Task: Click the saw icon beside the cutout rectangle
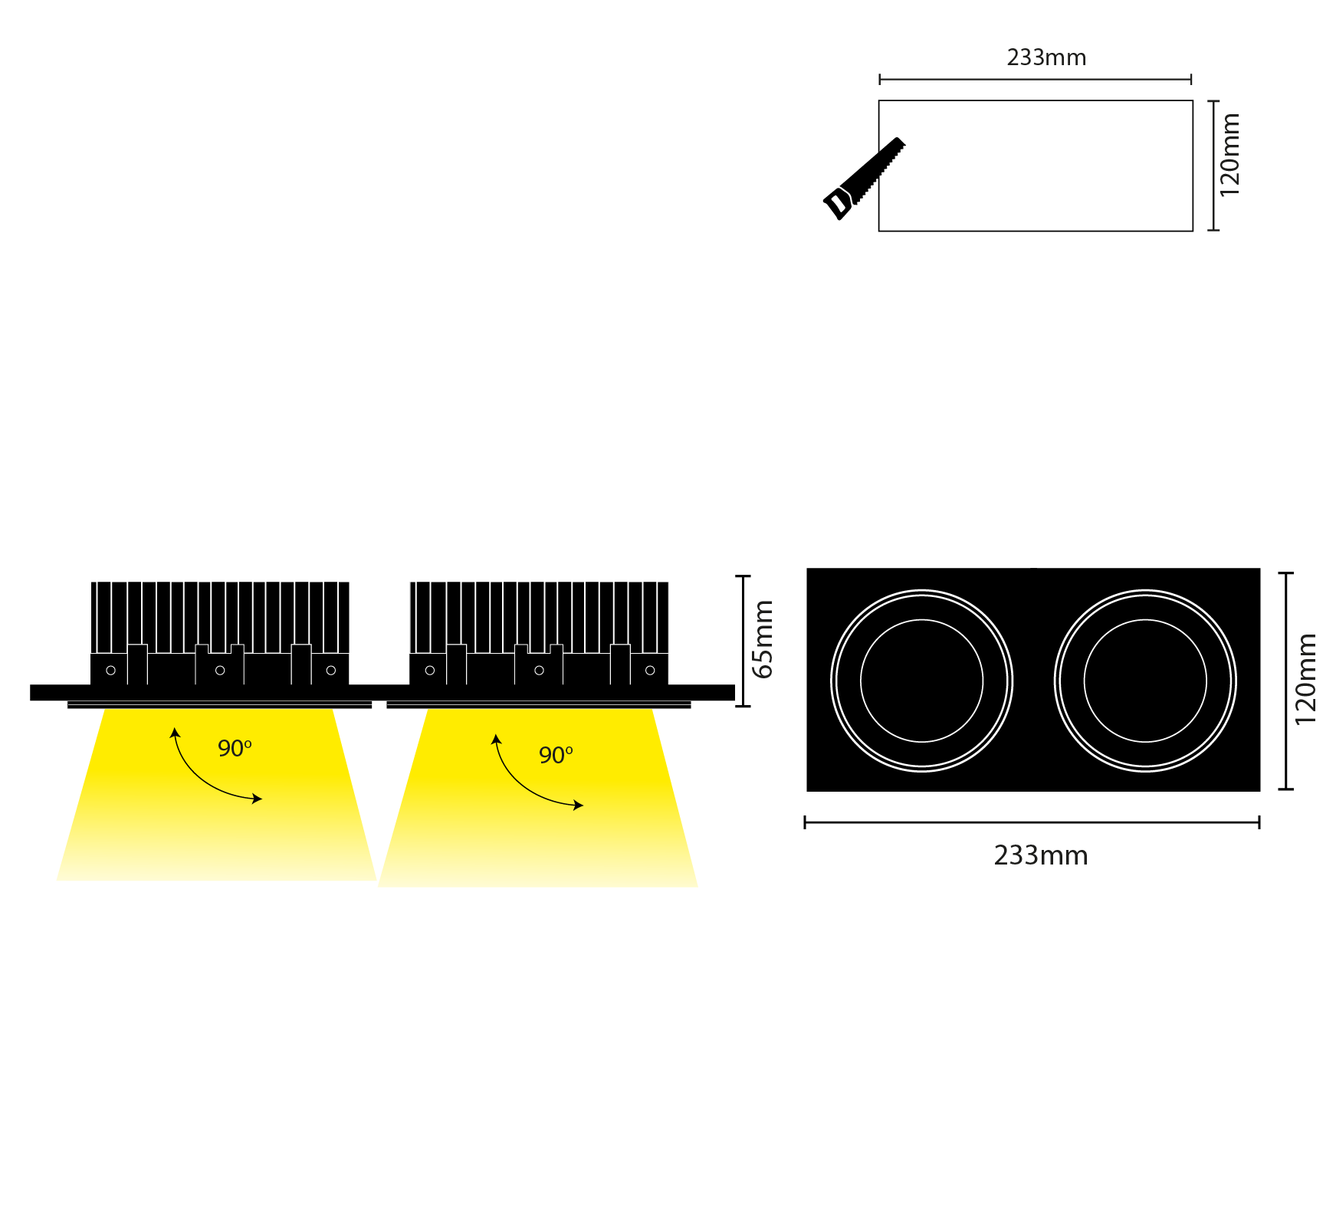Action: [x=864, y=179]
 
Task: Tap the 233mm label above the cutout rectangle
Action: [x=1046, y=57]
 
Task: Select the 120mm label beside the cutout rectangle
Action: [x=1229, y=155]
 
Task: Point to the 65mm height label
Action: [x=763, y=639]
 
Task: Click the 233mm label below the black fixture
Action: [x=1041, y=855]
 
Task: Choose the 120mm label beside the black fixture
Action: [x=1305, y=679]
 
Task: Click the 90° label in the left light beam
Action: [x=235, y=748]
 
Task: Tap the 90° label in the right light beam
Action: [x=556, y=755]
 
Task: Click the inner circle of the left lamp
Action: [x=922, y=620]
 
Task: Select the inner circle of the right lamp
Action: [x=1145, y=620]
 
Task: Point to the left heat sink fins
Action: [x=220, y=617]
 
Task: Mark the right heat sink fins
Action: [x=539, y=617]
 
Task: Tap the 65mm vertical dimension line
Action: [x=743, y=641]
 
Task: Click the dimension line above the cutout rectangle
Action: [x=1036, y=79]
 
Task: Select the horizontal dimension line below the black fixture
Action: [x=1032, y=822]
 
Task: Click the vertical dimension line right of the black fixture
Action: [x=1286, y=681]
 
